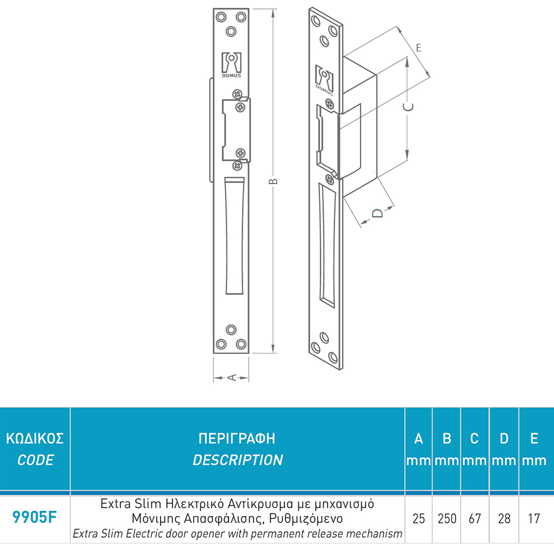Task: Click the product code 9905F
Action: (34, 517)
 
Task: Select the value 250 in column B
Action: (447, 519)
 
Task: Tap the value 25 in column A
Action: (419, 519)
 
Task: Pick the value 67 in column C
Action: (475, 519)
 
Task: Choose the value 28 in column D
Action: (504, 519)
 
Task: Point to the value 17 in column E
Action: (534, 519)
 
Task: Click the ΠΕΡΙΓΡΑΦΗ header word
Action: (237, 438)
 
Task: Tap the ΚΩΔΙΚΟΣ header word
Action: (34, 438)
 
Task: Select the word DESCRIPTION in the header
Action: (238, 460)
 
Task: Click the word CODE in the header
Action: (35, 460)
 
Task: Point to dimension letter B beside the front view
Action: (273, 182)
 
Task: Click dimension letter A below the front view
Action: (232, 378)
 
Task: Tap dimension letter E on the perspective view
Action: (419, 48)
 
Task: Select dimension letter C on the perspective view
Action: (408, 107)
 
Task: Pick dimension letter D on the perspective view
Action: (378, 213)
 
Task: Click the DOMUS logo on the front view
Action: (232, 65)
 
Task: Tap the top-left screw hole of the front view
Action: (221, 17)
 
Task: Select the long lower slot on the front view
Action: (234, 235)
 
